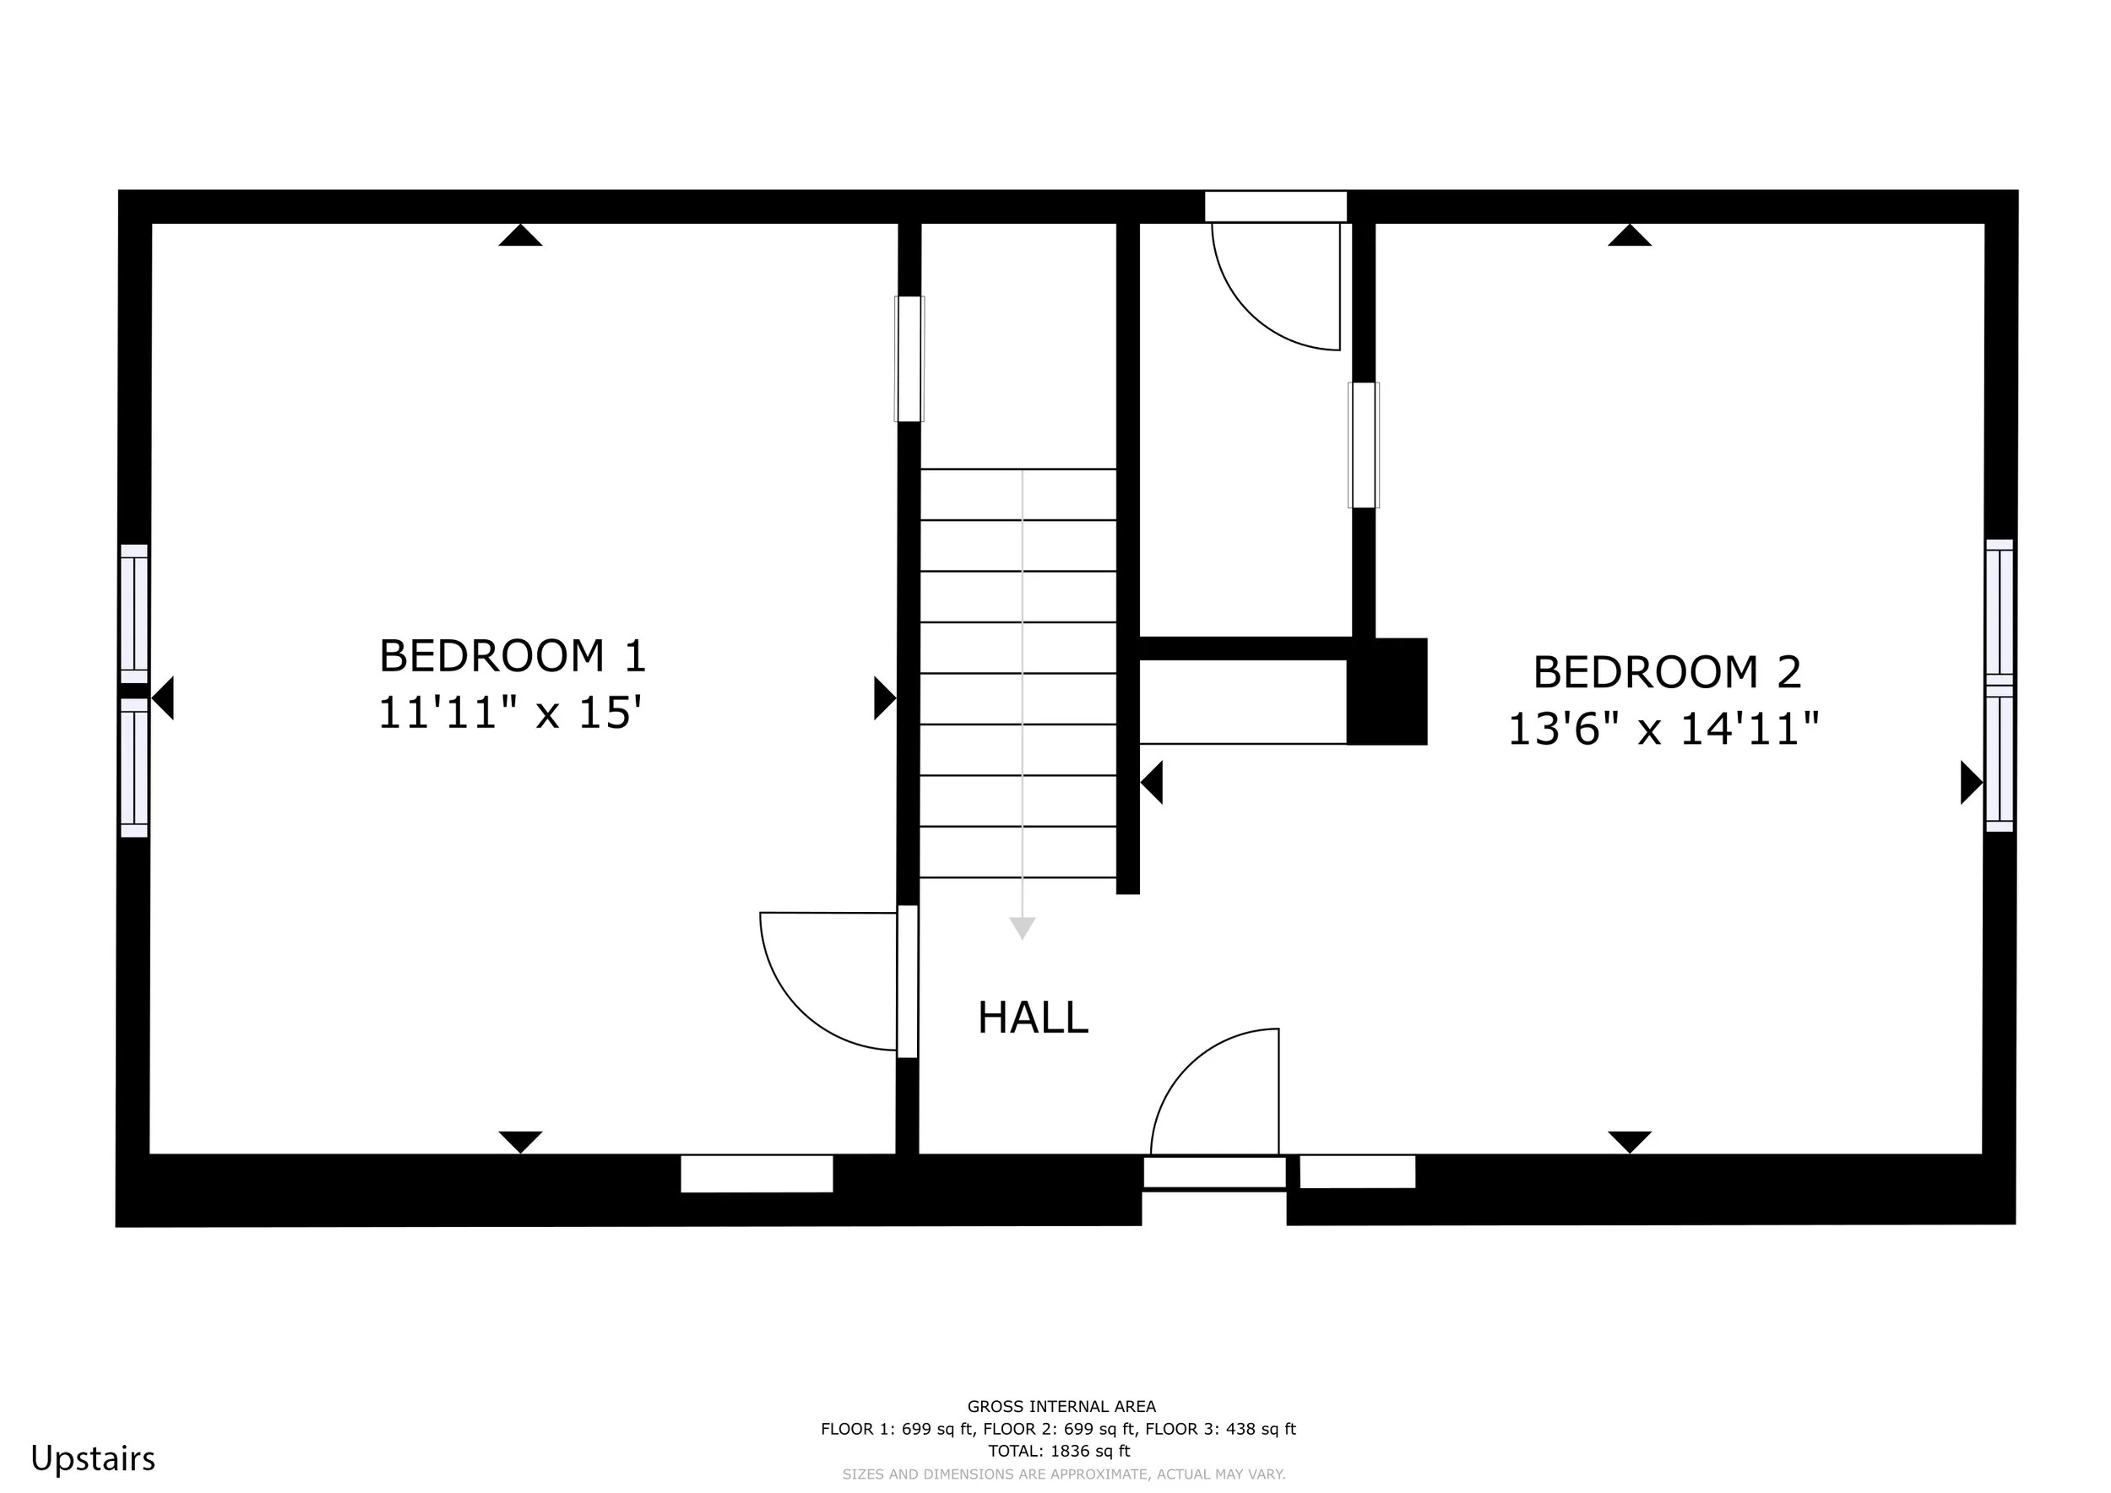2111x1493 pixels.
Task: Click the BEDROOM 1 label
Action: coord(513,656)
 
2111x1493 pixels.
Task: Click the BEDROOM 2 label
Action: coord(1667,673)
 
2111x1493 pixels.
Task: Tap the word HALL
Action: coord(1033,1018)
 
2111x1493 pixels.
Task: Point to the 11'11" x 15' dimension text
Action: coord(509,714)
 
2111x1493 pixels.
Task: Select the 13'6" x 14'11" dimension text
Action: coord(1664,730)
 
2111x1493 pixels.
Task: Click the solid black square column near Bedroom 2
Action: coord(1387,692)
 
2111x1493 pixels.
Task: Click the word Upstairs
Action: coord(93,1459)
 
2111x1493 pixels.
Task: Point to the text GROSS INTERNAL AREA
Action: coord(1061,1407)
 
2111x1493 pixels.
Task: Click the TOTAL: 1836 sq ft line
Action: coord(1059,1452)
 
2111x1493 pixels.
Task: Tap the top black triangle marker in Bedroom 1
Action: coord(520,236)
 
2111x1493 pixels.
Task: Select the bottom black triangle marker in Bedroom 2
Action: coord(1629,1142)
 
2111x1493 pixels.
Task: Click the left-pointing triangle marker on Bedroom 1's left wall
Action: coord(162,698)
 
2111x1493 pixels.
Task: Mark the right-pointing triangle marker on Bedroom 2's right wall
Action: coord(1971,782)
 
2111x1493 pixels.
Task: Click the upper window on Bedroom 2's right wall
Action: coord(1999,612)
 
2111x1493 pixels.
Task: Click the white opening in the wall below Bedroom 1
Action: coord(757,1174)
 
